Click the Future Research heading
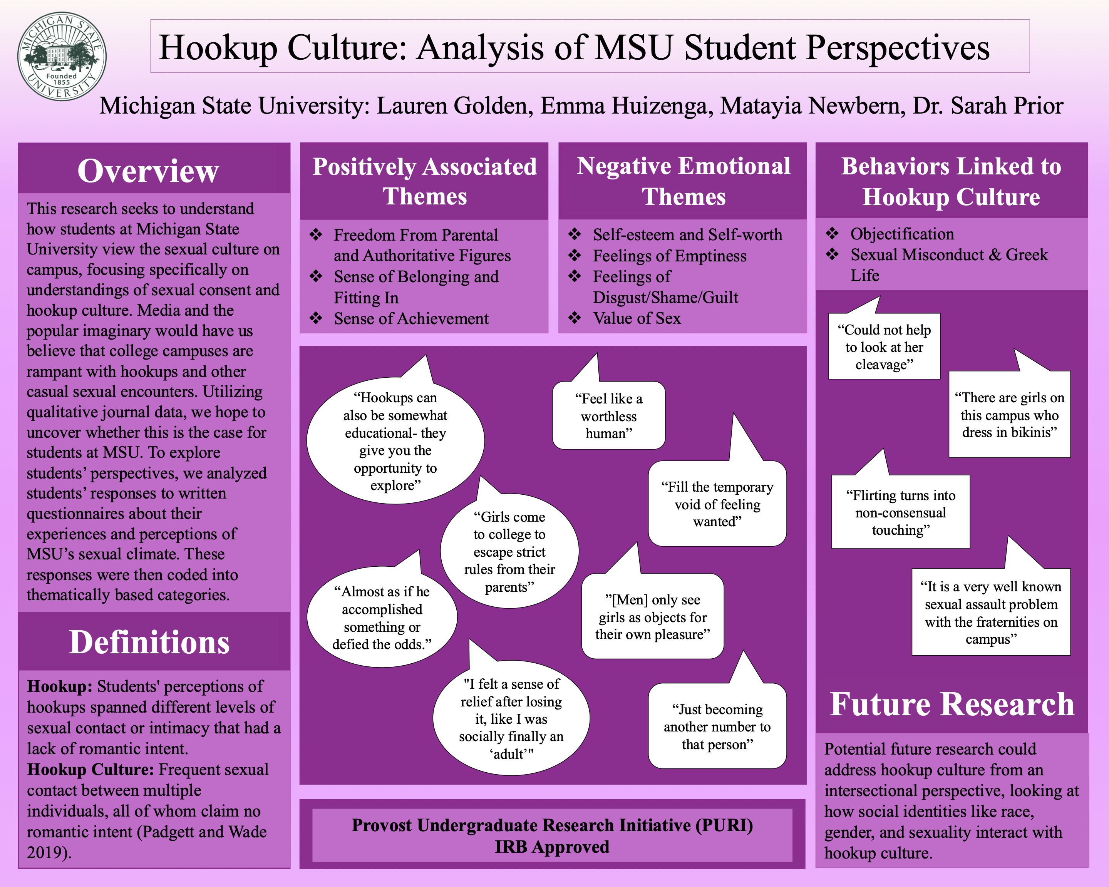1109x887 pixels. pyautogui.click(x=952, y=704)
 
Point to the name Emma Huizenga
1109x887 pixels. pyautogui.click(x=627, y=106)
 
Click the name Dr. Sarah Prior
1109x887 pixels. pyautogui.click(x=988, y=106)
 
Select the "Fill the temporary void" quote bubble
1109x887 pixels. pyautogui.click(x=717, y=504)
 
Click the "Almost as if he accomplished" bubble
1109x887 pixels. pyautogui.click(x=382, y=618)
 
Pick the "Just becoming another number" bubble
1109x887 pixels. pyautogui.click(x=717, y=726)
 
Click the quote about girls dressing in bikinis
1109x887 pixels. pyautogui.click(x=1009, y=415)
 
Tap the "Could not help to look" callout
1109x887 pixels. pyautogui.click(x=884, y=347)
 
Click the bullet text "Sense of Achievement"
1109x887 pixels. pyautogui.click(x=411, y=319)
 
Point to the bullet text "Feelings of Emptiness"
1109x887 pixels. pyautogui.click(x=669, y=256)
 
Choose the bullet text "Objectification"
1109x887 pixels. pyautogui.click(x=902, y=234)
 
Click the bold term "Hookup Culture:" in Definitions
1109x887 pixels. pyautogui.click(x=90, y=769)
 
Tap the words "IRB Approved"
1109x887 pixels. pyautogui.click(x=552, y=847)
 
